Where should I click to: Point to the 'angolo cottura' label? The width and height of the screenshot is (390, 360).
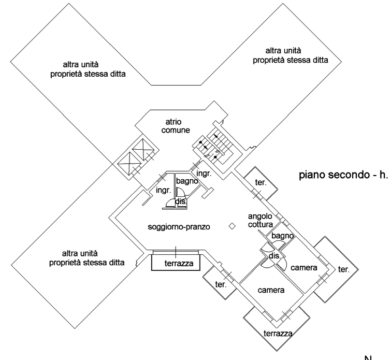[259, 220]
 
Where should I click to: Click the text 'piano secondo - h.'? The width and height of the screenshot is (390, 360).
[343, 175]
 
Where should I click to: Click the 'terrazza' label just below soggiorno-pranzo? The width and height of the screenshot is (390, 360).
[179, 264]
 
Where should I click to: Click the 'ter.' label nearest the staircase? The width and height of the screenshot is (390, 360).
[260, 182]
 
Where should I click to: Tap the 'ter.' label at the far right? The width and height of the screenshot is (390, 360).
[343, 270]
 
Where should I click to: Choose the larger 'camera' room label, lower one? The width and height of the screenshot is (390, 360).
[271, 291]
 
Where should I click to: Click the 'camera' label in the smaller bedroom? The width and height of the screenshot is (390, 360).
[304, 268]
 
